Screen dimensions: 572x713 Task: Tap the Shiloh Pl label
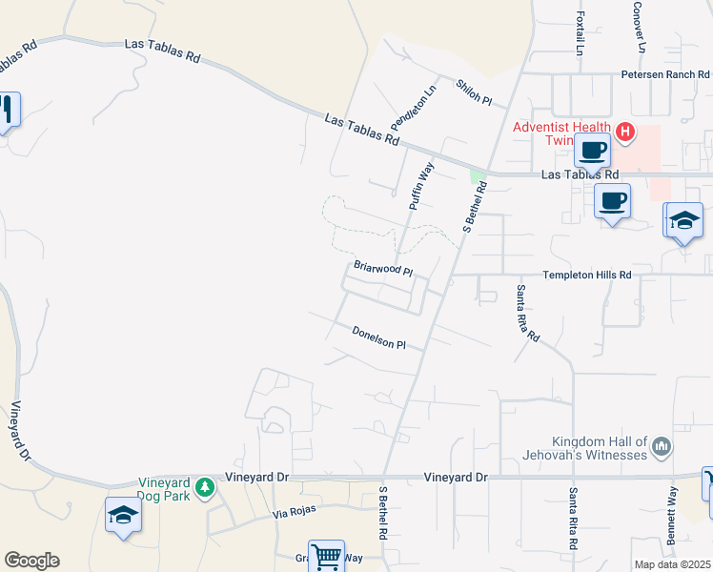pyautogui.click(x=473, y=92)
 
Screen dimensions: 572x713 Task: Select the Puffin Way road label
pyautogui.click(x=421, y=185)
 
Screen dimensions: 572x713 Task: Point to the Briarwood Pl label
pyautogui.click(x=382, y=269)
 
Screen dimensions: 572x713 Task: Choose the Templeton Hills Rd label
pyautogui.click(x=587, y=275)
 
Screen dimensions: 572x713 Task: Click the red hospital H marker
pyautogui.click(x=625, y=132)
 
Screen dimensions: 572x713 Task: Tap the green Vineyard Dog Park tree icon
pyautogui.click(x=204, y=488)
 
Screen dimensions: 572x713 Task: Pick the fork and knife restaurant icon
pyautogui.click(x=7, y=109)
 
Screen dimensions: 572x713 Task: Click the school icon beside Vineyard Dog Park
pyautogui.click(x=123, y=515)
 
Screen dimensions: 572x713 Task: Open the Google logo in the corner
pyautogui.click(x=31, y=561)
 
